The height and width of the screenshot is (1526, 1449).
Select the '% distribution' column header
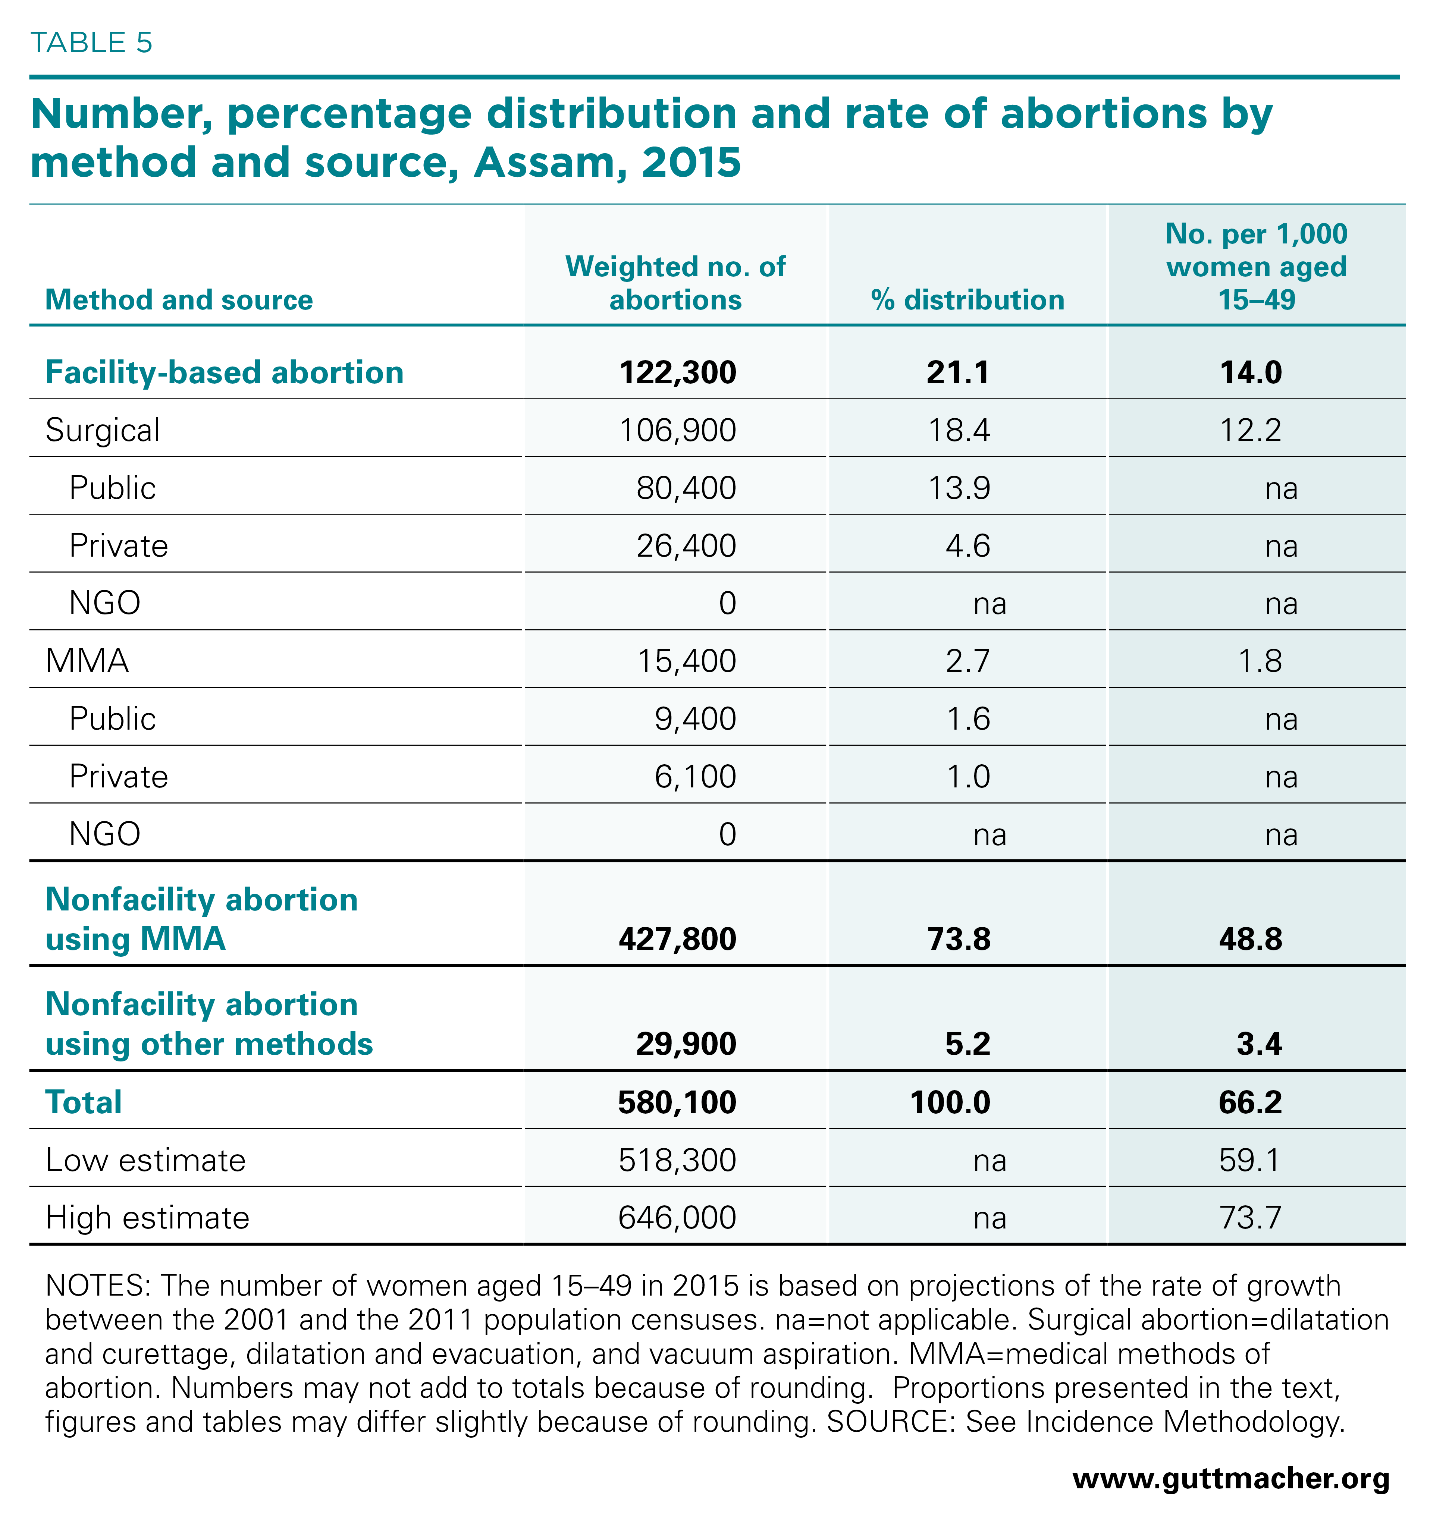[x=967, y=300]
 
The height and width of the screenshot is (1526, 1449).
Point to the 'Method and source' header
[x=179, y=300]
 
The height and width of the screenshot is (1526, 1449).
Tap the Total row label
[x=84, y=1102]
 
